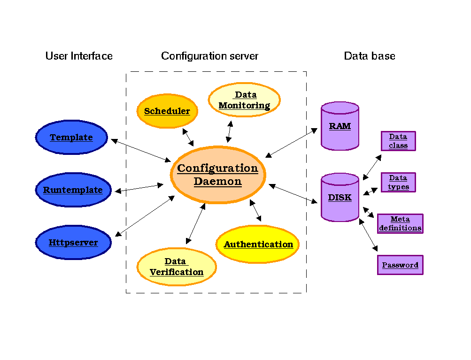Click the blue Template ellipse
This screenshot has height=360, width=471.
pos(71,137)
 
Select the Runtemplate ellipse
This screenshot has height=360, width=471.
pos(73,190)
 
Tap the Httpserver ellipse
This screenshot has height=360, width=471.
pos(73,243)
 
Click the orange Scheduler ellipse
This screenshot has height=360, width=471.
pos(167,111)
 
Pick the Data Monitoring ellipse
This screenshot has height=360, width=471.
pos(244,100)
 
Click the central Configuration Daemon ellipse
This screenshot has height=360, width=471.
pos(218,175)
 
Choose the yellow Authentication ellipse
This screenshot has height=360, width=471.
pos(258,244)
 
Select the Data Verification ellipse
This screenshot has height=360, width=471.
pos(177,267)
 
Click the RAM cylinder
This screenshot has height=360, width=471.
pos(340,126)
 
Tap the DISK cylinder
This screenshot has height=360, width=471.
pos(340,197)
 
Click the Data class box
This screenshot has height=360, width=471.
pos(398,141)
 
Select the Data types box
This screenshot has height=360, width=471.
pos(398,182)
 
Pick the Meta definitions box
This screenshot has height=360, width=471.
pos(400,223)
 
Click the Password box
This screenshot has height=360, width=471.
pos(400,265)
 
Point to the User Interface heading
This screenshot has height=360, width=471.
pos(79,56)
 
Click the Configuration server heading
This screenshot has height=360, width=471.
pos(209,56)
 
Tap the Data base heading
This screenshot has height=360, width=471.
pos(370,56)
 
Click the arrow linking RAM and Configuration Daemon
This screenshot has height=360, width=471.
pos(291,143)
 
